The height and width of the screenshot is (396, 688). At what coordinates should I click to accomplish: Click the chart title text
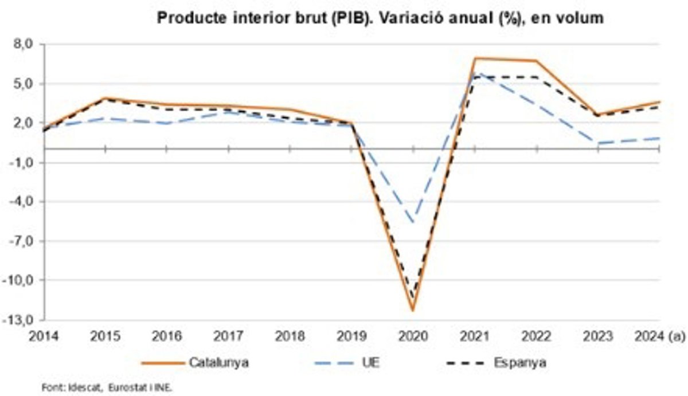(380, 18)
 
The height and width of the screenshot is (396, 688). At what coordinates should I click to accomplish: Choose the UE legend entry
(373, 363)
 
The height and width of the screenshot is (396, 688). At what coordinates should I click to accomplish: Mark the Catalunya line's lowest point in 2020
(413, 311)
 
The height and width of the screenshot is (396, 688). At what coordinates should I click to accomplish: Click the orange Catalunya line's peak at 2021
(475, 58)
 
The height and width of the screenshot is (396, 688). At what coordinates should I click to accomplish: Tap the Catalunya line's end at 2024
(659, 102)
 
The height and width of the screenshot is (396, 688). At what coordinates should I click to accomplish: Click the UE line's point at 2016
(167, 123)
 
